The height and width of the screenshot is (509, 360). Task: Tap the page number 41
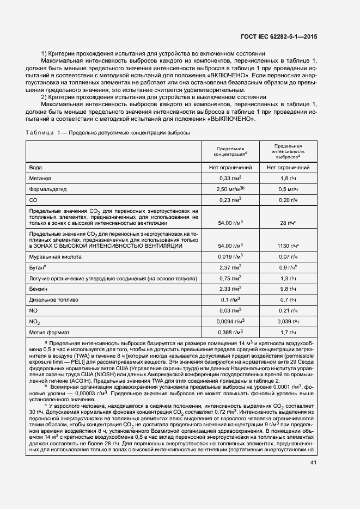pyautogui.click(x=313, y=463)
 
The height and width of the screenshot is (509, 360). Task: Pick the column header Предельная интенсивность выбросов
pyautogui.click(x=288, y=151)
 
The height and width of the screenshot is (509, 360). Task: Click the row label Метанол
pyautogui.click(x=40, y=178)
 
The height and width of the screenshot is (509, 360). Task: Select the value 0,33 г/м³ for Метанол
pyautogui.click(x=230, y=178)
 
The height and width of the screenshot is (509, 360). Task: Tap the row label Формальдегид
pyautogui.click(x=47, y=189)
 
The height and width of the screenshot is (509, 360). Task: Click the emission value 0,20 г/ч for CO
pyautogui.click(x=288, y=200)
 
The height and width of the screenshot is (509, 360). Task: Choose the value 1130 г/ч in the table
pyautogui.click(x=288, y=246)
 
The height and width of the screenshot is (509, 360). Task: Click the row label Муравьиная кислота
pyautogui.click(x=56, y=256)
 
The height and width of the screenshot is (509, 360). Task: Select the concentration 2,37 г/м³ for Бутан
pyautogui.click(x=230, y=267)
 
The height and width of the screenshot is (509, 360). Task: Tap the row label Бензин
pyautogui.click(x=39, y=289)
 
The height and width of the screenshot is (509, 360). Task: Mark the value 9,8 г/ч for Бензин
pyautogui.click(x=288, y=289)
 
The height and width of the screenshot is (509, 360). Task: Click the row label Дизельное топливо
pyautogui.click(x=54, y=299)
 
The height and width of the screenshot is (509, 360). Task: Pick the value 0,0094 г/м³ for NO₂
pyautogui.click(x=230, y=321)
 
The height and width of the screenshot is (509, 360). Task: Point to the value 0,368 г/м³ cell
pyautogui.click(x=230, y=332)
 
